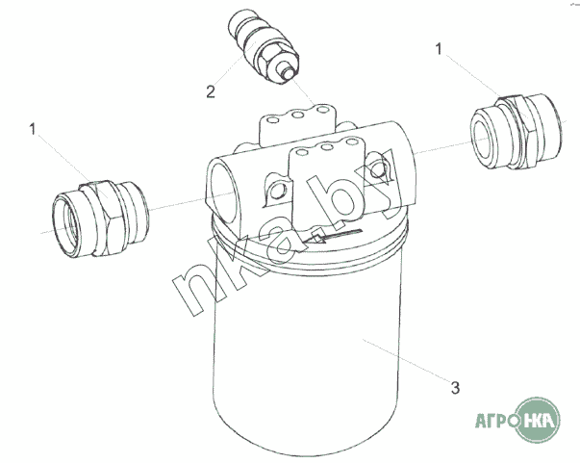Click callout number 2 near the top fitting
[211, 91]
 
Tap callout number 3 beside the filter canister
[455, 388]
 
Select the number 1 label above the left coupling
[33, 129]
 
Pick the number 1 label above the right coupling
[439, 49]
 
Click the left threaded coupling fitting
[101, 219]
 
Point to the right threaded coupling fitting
[516, 132]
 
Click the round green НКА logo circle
[539, 420]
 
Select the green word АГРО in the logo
[496, 421]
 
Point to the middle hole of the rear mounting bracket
[298, 115]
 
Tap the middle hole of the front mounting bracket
[326, 147]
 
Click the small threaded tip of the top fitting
[287, 73]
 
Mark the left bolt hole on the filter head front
[276, 192]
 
